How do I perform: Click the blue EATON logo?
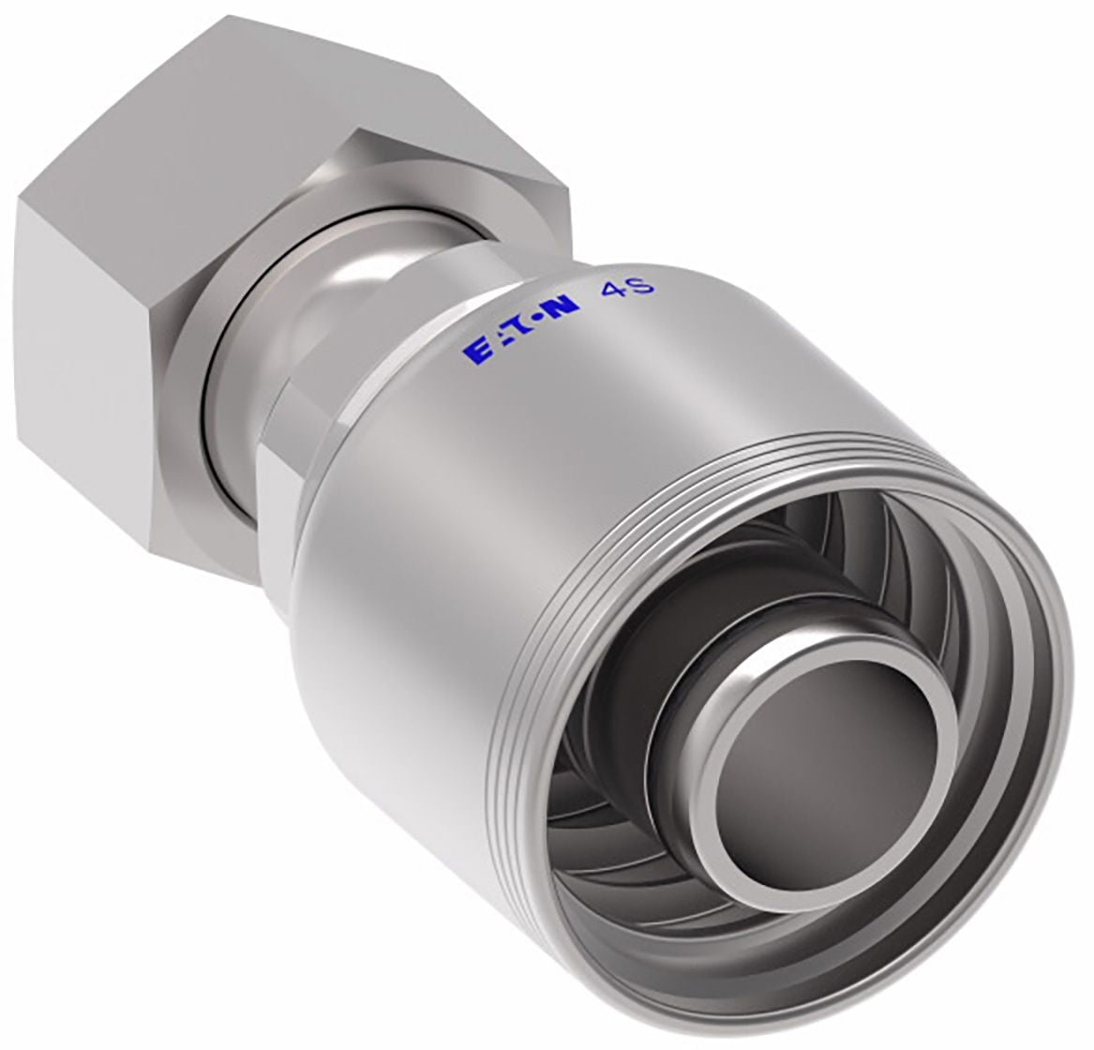click(x=519, y=327)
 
